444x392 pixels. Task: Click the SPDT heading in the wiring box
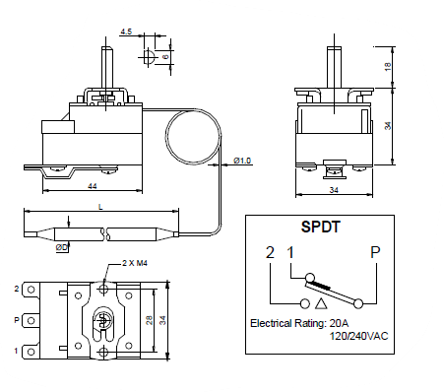click(x=320, y=227)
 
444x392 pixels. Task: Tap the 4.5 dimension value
click(x=126, y=32)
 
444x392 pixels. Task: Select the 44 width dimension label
click(x=93, y=186)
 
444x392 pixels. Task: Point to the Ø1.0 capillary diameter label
click(x=242, y=161)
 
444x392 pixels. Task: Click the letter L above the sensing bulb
click(x=100, y=207)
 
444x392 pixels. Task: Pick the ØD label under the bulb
click(x=62, y=247)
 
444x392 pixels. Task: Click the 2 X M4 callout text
click(x=135, y=263)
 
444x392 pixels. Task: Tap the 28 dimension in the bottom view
click(x=150, y=320)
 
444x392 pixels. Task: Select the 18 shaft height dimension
click(x=388, y=67)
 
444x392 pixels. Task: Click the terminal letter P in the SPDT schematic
click(x=375, y=252)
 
